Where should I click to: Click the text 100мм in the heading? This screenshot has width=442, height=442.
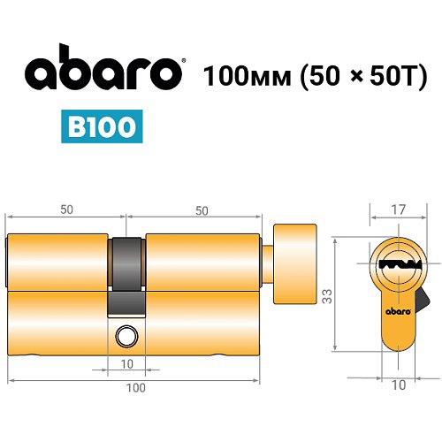(x=240, y=73)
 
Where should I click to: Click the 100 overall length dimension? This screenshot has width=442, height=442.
(x=135, y=387)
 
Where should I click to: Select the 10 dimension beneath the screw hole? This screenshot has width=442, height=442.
(x=126, y=364)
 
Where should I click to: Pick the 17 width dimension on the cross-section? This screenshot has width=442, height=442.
(x=399, y=210)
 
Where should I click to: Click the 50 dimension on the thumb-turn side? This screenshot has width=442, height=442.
(x=202, y=210)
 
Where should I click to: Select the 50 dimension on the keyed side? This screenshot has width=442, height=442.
(x=66, y=210)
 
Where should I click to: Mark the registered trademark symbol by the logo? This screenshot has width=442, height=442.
(x=183, y=61)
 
